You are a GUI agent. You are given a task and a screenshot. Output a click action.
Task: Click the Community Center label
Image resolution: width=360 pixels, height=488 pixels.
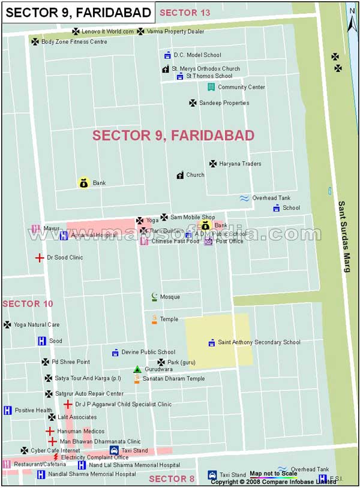click(x=241, y=87)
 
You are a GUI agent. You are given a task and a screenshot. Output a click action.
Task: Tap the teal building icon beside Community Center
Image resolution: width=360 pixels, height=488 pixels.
click(x=211, y=87)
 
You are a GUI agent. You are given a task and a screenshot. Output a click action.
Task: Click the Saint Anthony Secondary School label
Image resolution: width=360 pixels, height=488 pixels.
click(x=259, y=342)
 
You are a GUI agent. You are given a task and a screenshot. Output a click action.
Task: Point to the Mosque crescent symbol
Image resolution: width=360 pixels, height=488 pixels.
click(x=154, y=297)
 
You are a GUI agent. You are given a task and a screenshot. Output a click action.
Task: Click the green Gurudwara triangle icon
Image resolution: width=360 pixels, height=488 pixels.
click(x=137, y=369)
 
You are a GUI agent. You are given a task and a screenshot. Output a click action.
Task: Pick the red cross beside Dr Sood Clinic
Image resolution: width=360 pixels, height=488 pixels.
click(x=39, y=258)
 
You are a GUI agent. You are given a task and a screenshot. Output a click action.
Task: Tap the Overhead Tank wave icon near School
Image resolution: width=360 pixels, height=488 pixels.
click(x=244, y=198)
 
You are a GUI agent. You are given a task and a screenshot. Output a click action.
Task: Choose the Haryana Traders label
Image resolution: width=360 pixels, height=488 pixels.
click(x=240, y=164)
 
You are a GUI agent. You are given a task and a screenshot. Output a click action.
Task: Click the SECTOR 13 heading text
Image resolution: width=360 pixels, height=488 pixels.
click(x=185, y=13)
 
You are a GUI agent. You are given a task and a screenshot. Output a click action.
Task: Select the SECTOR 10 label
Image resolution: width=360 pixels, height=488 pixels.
click(x=28, y=304)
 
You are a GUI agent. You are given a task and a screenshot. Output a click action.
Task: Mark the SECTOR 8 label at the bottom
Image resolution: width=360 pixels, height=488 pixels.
click(x=172, y=478)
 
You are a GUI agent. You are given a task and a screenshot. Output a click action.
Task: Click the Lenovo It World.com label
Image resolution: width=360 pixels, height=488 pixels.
click(x=107, y=31)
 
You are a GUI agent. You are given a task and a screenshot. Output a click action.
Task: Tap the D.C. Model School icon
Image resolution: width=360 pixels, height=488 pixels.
click(x=167, y=55)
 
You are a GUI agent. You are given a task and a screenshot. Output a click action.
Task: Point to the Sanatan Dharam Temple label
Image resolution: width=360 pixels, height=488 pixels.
click(x=173, y=379)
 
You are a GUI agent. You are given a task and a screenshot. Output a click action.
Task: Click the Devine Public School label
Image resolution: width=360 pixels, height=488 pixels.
click(x=148, y=353)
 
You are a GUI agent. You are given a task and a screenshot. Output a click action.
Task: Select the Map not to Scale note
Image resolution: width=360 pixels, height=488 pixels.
click(x=273, y=474)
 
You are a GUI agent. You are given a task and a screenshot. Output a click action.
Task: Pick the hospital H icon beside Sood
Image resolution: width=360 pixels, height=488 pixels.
click(x=41, y=341)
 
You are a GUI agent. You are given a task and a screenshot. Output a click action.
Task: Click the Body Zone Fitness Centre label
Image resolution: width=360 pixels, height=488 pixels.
click(x=74, y=42)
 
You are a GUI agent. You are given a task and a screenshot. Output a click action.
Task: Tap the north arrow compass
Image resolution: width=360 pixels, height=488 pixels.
click(x=353, y=17)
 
